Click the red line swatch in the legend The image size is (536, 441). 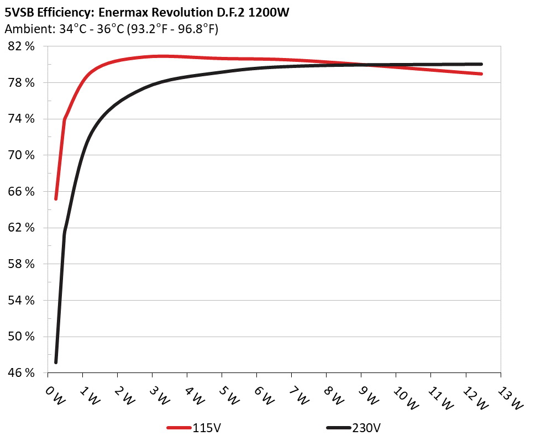point(179,428)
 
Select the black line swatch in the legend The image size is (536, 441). point(338,428)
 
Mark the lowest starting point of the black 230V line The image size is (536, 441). point(56,362)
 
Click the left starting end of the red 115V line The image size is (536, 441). point(56,198)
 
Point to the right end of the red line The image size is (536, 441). point(482,73)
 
